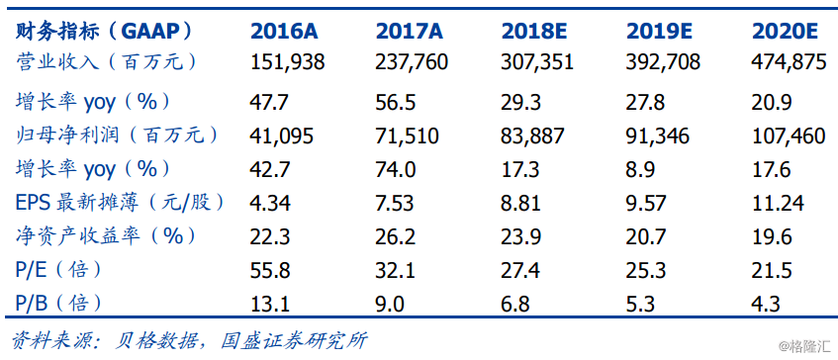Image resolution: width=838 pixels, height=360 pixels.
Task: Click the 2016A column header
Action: point(286,29)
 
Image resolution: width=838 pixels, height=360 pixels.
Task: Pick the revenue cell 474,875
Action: point(789,62)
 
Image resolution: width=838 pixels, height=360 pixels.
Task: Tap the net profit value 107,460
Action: point(789,135)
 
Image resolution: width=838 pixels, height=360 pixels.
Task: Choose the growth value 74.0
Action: point(395,169)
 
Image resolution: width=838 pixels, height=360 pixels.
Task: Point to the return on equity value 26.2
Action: point(395,236)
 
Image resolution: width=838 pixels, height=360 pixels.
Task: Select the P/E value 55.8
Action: point(271,270)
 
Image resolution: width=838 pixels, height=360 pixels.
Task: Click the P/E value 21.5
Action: point(773,270)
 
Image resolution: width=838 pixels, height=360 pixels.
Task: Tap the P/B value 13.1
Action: point(270,303)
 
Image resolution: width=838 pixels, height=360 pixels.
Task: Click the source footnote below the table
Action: point(188,340)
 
